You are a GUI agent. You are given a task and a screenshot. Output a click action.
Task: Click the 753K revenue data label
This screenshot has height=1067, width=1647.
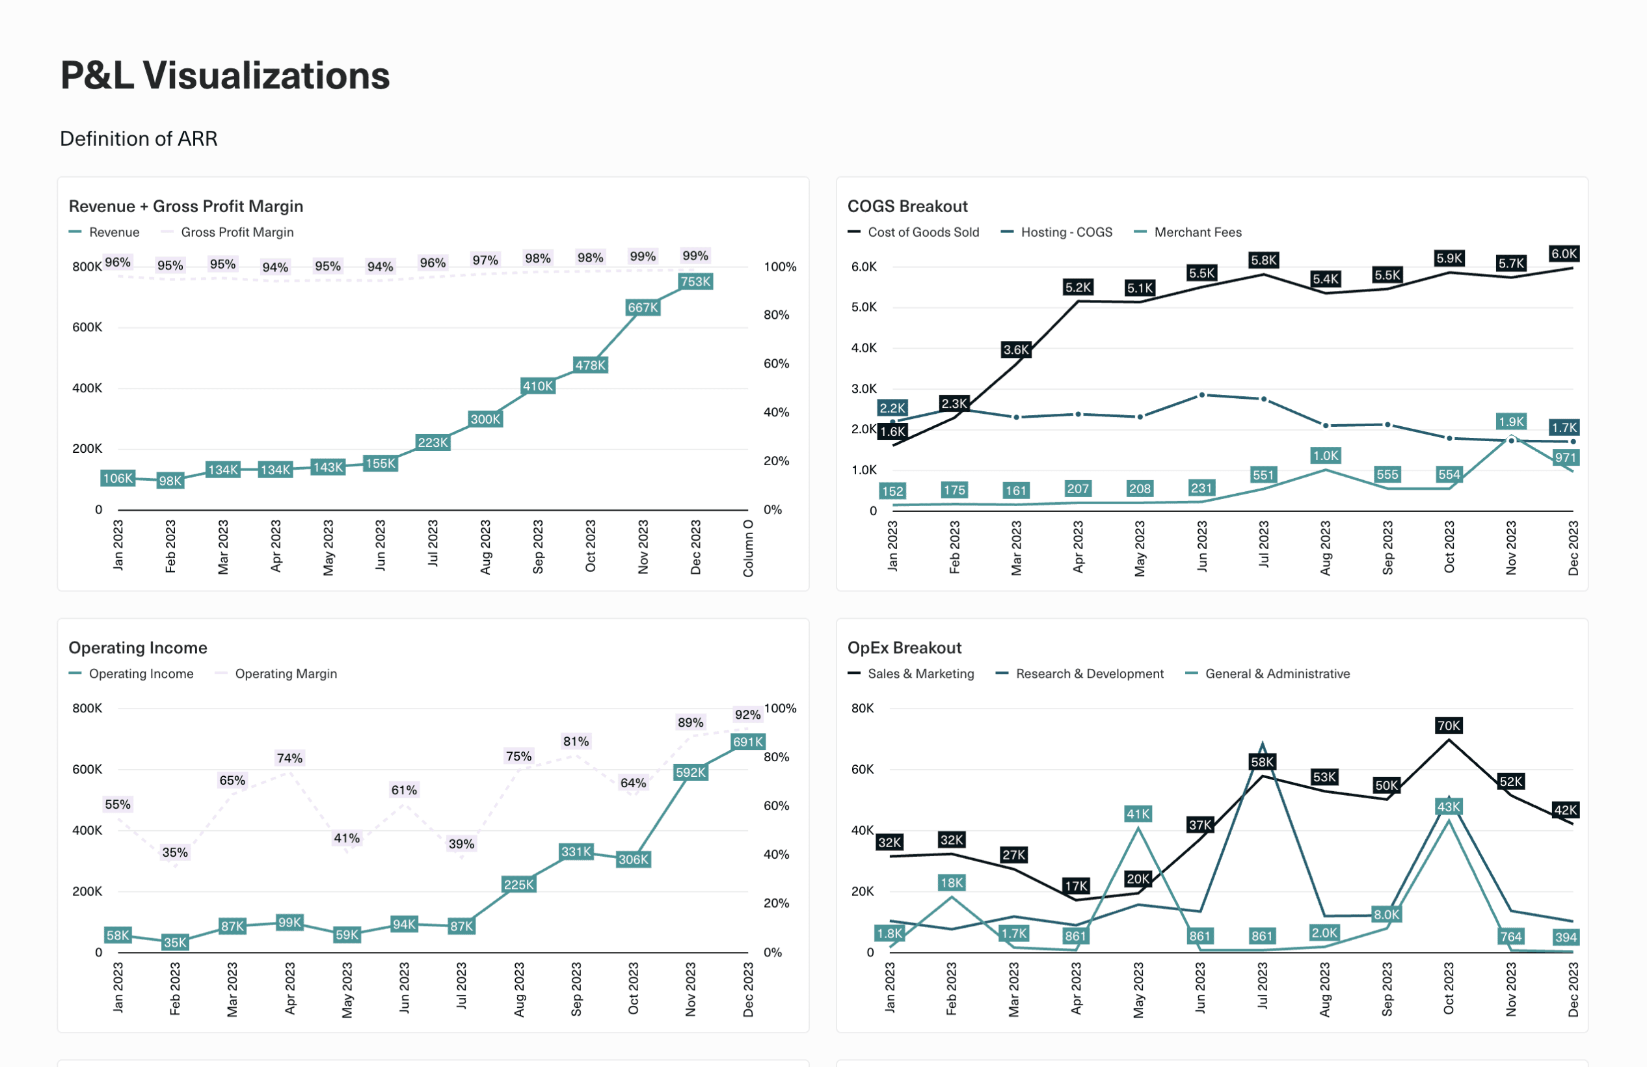[x=695, y=282]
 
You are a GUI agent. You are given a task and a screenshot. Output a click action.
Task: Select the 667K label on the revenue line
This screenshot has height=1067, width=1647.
[x=642, y=308]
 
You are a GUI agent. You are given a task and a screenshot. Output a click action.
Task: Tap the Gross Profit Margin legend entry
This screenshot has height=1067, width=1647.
[x=237, y=232]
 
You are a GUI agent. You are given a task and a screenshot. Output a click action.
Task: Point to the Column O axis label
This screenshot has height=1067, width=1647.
[x=748, y=548]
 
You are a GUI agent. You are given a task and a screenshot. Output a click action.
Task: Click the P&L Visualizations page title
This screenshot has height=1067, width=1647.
[x=225, y=75]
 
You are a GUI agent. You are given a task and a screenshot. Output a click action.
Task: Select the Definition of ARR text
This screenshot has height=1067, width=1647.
[x=139, y=139]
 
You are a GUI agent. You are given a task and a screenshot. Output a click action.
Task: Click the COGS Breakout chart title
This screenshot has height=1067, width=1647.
[x=907, y=206]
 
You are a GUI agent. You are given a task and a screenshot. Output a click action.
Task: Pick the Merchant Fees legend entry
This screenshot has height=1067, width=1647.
[x=1197, y=232]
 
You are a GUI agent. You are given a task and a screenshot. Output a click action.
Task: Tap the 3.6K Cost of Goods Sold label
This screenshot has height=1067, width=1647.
[x=1016, y=349]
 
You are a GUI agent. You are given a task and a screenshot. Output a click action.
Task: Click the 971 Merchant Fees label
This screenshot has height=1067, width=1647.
[x=1564, y=457]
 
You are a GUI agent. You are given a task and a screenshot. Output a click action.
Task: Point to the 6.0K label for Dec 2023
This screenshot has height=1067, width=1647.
[x=1563, y=254]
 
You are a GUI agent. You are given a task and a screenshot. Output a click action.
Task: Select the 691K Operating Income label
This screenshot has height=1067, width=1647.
[x=747, y=742]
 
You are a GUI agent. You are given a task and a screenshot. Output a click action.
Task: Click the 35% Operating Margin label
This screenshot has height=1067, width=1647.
[x=174, y=852]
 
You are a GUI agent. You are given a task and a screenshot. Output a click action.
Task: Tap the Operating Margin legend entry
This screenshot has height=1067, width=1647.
[x=285, y=674]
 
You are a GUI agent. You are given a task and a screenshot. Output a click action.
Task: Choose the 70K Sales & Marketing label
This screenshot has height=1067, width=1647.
[x=1448, y=726]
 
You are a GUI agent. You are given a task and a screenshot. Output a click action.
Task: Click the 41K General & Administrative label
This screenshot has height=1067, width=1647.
[x=1138, y=815]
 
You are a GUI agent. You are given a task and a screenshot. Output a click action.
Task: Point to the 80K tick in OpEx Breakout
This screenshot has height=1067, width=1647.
[x=863, y=709]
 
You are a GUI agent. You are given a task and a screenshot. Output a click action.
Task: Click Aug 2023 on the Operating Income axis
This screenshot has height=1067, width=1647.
[x=519, y=990]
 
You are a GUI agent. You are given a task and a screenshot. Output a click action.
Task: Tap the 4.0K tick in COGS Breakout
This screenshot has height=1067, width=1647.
[x=864, y=348]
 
